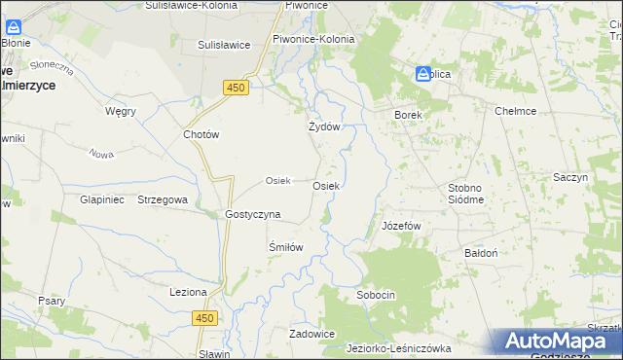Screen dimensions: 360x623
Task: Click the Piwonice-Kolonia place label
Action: (x=313, y=39)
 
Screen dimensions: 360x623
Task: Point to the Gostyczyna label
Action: (x=252, y=213)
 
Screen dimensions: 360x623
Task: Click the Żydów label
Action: (x=323, y=126)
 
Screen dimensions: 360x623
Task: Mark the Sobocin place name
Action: (x=376, y=294)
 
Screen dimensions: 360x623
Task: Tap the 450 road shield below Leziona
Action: (x=203, y=318)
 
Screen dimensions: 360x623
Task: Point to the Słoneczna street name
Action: (x=52, y=67)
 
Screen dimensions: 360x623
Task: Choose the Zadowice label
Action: (x=311, y=334)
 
